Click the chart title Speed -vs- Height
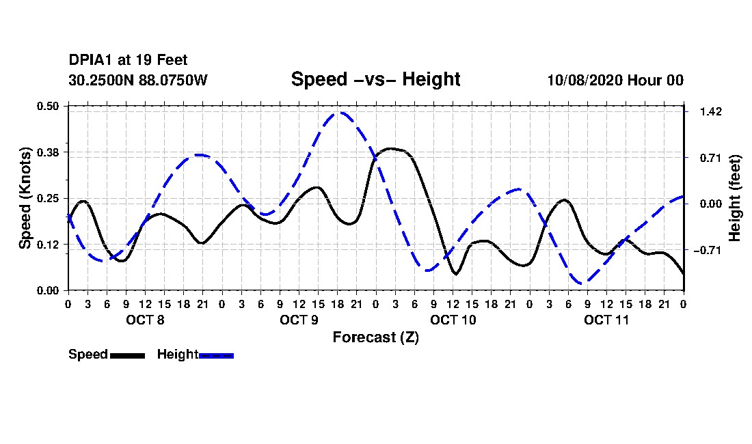coord(375,79)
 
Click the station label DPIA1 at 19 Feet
coord(128,60)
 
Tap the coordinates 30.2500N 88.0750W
coord(138,80)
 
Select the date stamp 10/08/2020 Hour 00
coord(615,80)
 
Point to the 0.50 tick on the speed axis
coord(47,106)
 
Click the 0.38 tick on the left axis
coord(47,152)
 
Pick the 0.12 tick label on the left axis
coord(47,245)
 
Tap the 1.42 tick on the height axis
coord(711,111)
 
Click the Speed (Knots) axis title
coord(25,198)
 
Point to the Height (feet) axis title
coord(735,198)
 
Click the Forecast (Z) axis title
coord(376,337)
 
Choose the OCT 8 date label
coord(145,320)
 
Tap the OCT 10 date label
coord(453,320)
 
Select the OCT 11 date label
coord(606,320)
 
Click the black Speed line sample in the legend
coord(128,355)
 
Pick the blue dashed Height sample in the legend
coord(216,355)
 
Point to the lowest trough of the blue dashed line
coord(583,283)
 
